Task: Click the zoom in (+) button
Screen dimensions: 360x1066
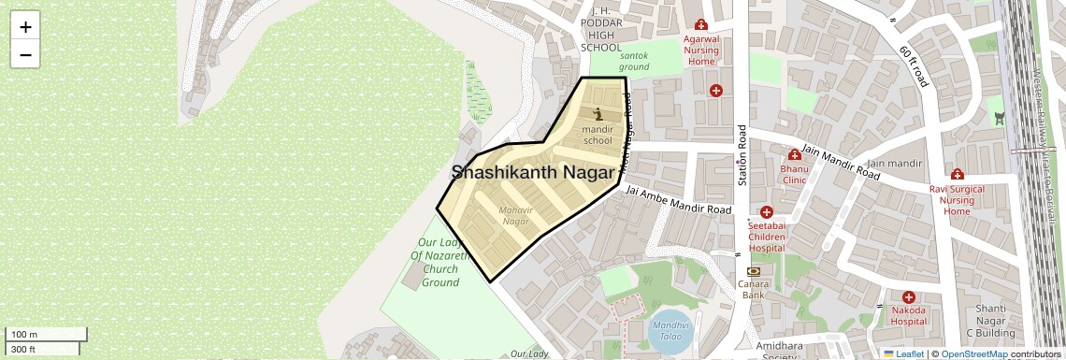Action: click(x=25, y=27)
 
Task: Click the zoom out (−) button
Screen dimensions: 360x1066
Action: click(x=25, y=54)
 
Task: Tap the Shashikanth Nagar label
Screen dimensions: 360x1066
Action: click(x=533, y=172)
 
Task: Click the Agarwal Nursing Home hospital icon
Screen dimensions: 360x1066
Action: click(x=700, y=26)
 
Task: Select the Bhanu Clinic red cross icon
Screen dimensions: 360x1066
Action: click(x=794, y=155)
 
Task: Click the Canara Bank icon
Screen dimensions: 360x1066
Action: click(x=754, y=270)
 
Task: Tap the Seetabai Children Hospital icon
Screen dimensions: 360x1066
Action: click(x=766, y=212)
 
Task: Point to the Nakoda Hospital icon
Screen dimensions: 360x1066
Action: click(x=907, y=296)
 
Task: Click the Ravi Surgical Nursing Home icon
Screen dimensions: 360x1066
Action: click(x=957, y=175)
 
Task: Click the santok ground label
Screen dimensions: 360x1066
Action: click(x=633, y=61)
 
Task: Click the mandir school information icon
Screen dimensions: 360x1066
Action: click(x=598, y=113)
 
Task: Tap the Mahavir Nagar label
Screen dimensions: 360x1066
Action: click(x=515, y=216)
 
